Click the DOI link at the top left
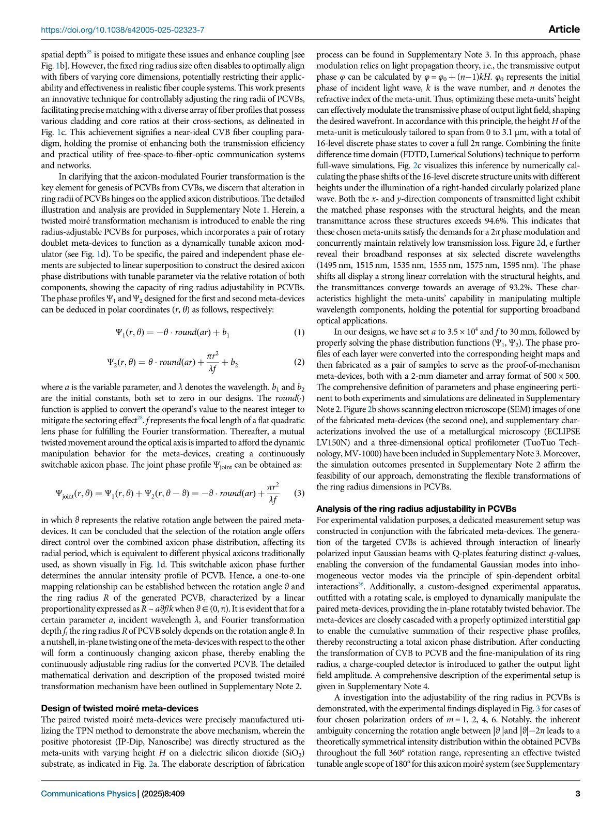(122, 30)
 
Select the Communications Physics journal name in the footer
(88, 794)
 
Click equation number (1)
(299, 333)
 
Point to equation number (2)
(299, 362)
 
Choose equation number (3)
(299, 494)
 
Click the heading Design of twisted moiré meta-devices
(119, 708)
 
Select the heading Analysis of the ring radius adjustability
(416, 509)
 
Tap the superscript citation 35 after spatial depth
(89, 52)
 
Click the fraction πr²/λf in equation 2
(213, 362)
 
